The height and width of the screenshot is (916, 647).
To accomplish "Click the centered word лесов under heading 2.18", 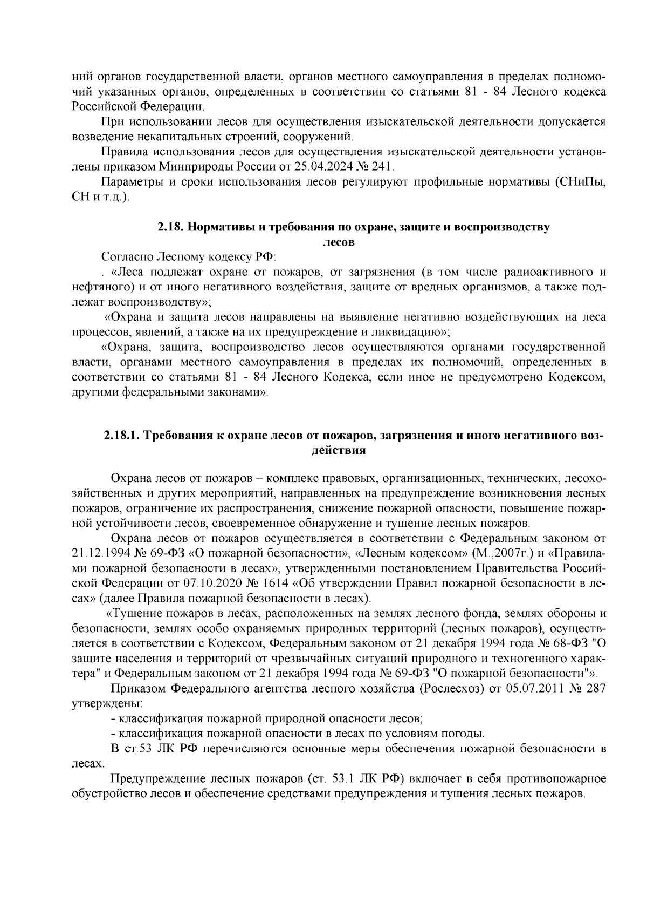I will pyautogui.click(x=338, y=242).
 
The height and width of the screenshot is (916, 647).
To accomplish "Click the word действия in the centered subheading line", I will pyautogui.click(x=339, y=450).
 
